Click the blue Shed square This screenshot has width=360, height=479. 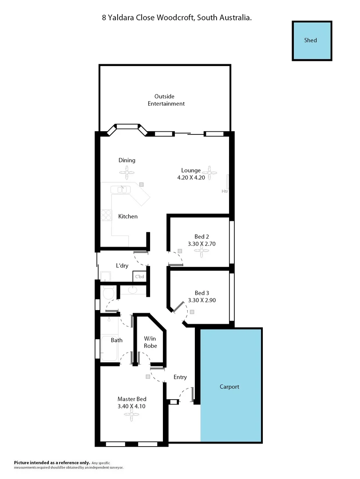pyautogui.click(x=312, y=40)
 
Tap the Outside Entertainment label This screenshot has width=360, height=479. pyautogui.click(x=169, y=100)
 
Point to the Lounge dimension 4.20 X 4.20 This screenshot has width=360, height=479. pyautogui.click(x=191, y=178)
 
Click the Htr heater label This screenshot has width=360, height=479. pyautogui.click(x=225, y=191)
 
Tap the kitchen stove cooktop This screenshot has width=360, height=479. pyautogui.click(x=106, y=215)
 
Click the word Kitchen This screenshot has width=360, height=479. pyautogui.click(x=128, y=216)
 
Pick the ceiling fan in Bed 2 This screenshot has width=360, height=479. pyautogui.click(x=202, y=252)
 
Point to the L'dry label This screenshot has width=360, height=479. pyautogui.click(x=122, y=266)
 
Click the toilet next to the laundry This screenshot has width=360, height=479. pyautogui.click(x=108, y=293)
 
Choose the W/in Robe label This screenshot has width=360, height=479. pyautogui.click(x=150, y=342)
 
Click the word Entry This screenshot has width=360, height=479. pyautogui.click(x=180, y=377)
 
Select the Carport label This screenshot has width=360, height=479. pyautogui.click(x=229, y=387)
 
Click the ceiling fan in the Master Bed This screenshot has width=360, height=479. pyautogui.click(x=131, y=416)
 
